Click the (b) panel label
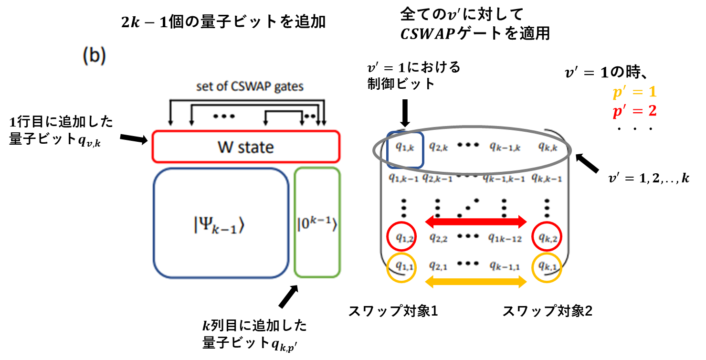click(94, 56)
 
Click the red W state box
click(245, 147)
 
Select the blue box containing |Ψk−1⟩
click(221, 223)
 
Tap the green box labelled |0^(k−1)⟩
click(317, 222)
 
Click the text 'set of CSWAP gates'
click(250, 87)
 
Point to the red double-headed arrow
click(475, 222)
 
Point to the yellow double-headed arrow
click(475, 282)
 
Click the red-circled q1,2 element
click(402, 236)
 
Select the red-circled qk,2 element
click(547, 236)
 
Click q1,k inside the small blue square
click(405, 148)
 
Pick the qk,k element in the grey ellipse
click(548, 148)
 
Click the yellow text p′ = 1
click(634, 93)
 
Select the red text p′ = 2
click(634, 111)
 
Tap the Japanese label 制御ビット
click(401, 84)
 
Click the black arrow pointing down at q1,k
click(405, 112)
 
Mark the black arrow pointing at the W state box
click(134, 139)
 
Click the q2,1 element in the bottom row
click(438, 266)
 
